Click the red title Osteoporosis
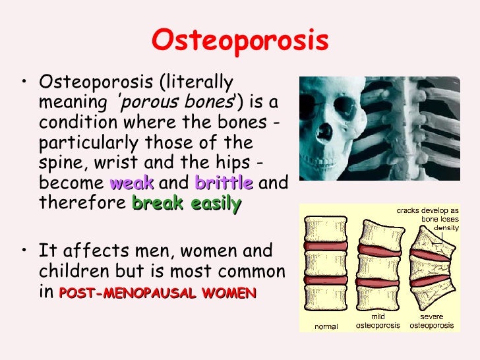click(239, 41)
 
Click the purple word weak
click(132, 183)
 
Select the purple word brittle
click(224, 183)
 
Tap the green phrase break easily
click(187, 204)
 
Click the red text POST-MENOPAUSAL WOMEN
click(157, 294)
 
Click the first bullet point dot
click(24, 83)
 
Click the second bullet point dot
click(24, 251)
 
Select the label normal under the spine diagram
click(326, 326)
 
